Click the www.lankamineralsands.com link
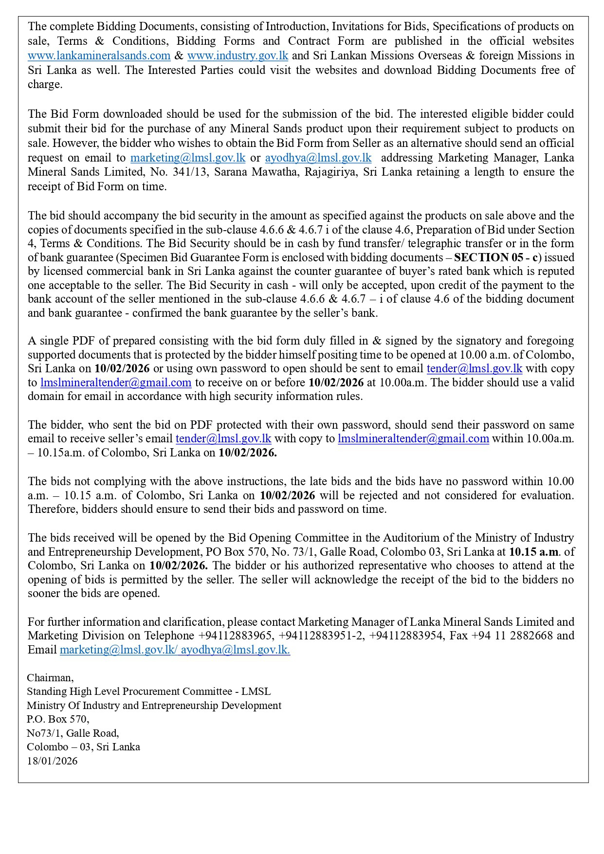(99, 55)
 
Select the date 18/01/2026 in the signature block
(52, 761)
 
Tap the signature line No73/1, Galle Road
(73, 733)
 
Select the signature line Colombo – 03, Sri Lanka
(83, 746)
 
